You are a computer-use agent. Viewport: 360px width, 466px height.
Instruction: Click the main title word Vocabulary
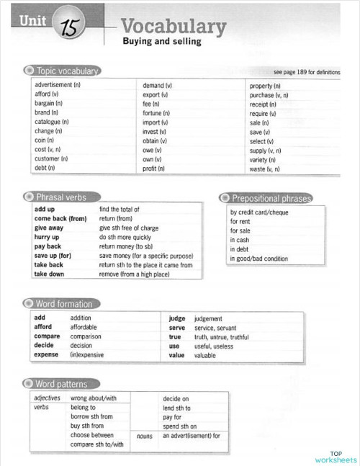point(174,27)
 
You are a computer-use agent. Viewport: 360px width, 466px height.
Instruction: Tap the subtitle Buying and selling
point(161,42)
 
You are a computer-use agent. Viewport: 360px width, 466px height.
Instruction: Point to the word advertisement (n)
point(58,86)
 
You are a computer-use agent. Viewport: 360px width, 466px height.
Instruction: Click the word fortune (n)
point(156,113)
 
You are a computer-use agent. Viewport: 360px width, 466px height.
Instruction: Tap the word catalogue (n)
point(52,122)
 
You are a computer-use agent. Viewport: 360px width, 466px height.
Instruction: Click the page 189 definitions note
point(307,73)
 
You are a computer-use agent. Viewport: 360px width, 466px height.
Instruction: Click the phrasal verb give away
point(49,228)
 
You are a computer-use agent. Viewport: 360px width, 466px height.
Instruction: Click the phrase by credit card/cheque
point(259,212)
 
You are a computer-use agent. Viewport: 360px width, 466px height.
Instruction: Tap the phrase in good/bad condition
point(259,259)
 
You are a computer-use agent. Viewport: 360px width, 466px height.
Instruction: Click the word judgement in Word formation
point(208,318)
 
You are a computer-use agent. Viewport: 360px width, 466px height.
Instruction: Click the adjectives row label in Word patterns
point(48,398)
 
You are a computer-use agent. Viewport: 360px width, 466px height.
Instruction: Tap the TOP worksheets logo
point(335,455)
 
